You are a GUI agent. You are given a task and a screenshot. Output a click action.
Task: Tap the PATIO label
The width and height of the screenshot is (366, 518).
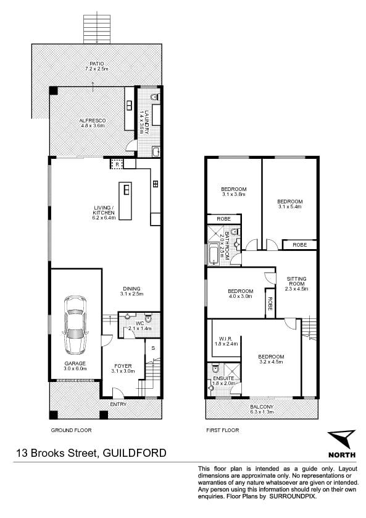click(x=97, y=64)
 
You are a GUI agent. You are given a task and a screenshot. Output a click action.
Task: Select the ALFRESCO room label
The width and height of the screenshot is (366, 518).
click(x=93, y=121)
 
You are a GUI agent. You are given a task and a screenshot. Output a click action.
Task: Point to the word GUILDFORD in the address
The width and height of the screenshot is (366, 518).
click(x=135, y=452)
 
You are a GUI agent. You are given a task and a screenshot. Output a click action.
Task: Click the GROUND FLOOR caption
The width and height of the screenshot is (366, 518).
click(x=71, y=430)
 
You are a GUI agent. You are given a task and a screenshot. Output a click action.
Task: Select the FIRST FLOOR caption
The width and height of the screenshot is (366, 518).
click(x=223, y=430)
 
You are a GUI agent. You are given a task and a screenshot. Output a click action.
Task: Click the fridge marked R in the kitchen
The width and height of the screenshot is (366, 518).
click(x=117, y=163)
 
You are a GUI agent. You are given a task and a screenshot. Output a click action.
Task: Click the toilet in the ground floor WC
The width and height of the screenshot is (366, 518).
click(x=148, y=318)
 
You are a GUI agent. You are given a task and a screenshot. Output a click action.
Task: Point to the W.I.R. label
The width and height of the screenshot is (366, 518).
click(x=226, y=339)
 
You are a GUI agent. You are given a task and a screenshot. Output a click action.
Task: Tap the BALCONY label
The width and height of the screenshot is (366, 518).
click(x=262, y=407)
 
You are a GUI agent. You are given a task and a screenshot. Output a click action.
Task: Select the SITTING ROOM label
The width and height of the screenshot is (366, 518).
click(x=296, y=281)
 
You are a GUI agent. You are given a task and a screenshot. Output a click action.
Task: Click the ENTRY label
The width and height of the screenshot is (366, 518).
click(x=118, y=404)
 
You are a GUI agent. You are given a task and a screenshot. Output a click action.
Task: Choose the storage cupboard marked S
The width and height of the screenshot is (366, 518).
click(x=153, y=348)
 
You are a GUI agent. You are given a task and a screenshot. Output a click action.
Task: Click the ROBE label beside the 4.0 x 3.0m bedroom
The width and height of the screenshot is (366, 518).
click(x=270, y=304)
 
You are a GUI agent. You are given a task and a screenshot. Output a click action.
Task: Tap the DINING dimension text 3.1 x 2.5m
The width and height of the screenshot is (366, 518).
click(x=131, y=294)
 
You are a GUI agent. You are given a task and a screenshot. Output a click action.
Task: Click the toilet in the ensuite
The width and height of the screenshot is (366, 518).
click(x=215, y=368)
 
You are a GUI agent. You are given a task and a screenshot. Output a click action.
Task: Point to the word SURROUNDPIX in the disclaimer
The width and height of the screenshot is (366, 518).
click(x=293, y=496)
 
